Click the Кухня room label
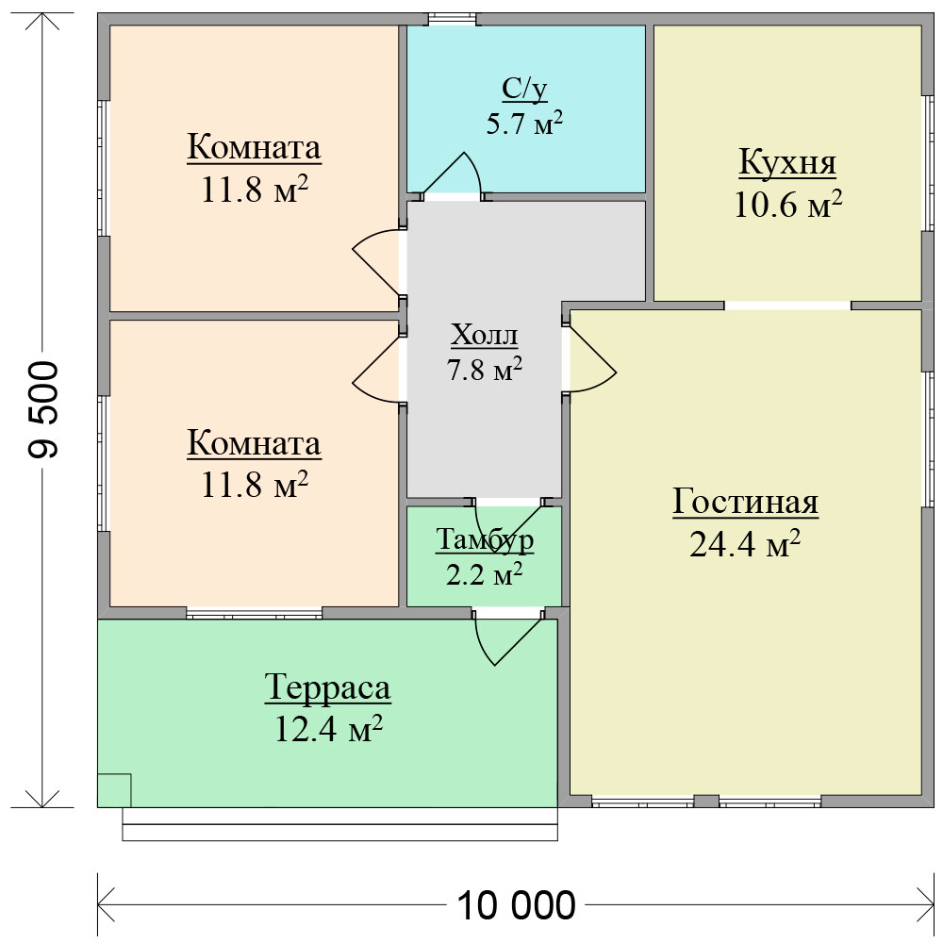(787, 162)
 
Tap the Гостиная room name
(745, 502)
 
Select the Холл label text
(484, 335)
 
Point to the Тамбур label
(484, 539)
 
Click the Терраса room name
(328, 687)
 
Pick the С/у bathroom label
(524, 89)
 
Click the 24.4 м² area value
(745, 544)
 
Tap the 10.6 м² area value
(787, 204)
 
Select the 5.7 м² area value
(524, 124)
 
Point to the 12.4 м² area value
(328, 728)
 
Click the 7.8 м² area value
(484, 369)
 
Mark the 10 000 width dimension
(517, 904)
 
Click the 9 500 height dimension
(44, 409)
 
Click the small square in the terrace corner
(114, 790)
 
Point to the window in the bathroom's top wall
(452, 19)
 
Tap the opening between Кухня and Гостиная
(787, 306)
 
